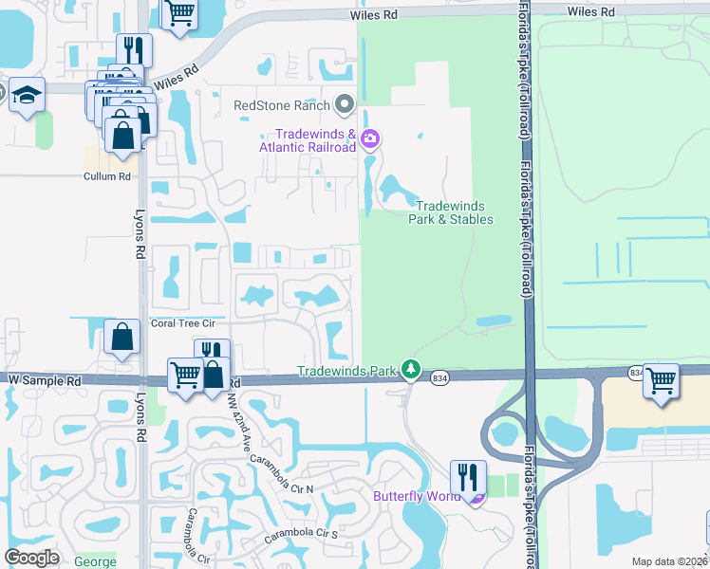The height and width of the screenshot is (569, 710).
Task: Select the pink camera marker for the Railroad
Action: coord(370,140)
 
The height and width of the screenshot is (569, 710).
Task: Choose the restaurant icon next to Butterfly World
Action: coord(467,476)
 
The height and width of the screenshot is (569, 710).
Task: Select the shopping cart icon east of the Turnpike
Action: coord(661,379)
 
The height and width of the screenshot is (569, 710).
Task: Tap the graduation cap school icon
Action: coord(28,95)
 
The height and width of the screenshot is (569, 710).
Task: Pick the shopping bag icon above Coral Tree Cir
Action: coord(122,338)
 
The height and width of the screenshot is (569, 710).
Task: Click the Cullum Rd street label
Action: coord(106,176)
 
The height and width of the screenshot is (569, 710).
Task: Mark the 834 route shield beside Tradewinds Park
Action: coord(439,378)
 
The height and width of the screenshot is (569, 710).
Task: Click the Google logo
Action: coord(32,558)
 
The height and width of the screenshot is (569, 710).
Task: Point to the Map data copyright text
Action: coord(669,561)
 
